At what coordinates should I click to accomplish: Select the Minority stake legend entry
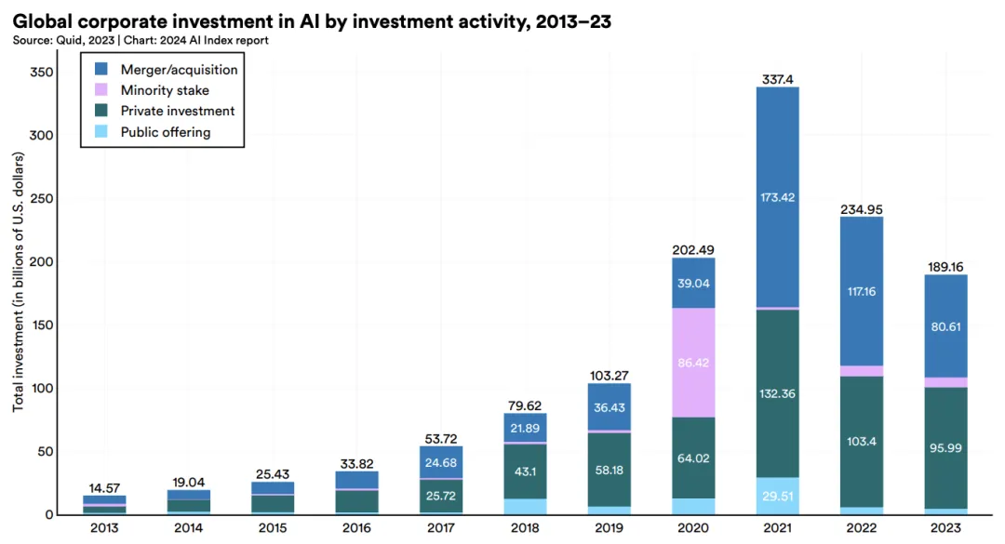(165, 90)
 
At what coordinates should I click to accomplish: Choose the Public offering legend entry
(166, 132)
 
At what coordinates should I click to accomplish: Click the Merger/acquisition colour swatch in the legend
(103, 70)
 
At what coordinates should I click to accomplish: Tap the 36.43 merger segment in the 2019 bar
(609, 406)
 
